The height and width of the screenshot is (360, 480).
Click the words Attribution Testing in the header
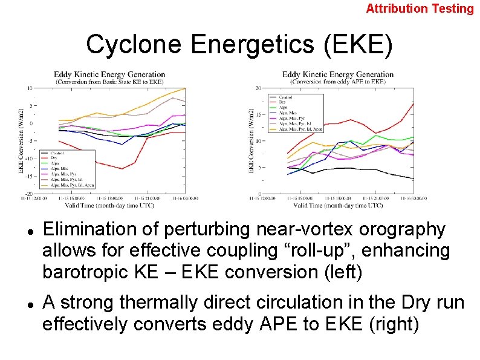(420, 8)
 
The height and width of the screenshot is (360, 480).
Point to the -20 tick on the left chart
(28, 194)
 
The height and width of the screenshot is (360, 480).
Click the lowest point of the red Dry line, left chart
(122, 169)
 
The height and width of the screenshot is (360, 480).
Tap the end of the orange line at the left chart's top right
(184, 88)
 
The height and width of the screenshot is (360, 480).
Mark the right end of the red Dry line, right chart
(414, 103)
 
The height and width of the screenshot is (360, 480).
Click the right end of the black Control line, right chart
(414, 178)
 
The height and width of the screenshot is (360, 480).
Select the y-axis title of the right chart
(251, 140)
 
